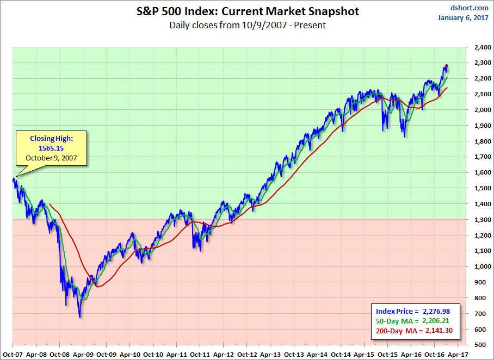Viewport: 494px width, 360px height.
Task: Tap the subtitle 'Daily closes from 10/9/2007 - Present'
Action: point(247,25)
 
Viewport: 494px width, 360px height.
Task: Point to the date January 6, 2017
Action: point(462,17)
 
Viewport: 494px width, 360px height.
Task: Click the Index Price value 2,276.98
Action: point(437,311)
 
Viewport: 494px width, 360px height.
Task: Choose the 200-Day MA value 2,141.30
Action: point(437,331)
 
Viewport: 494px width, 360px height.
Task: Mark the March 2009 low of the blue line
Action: point(79,317)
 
